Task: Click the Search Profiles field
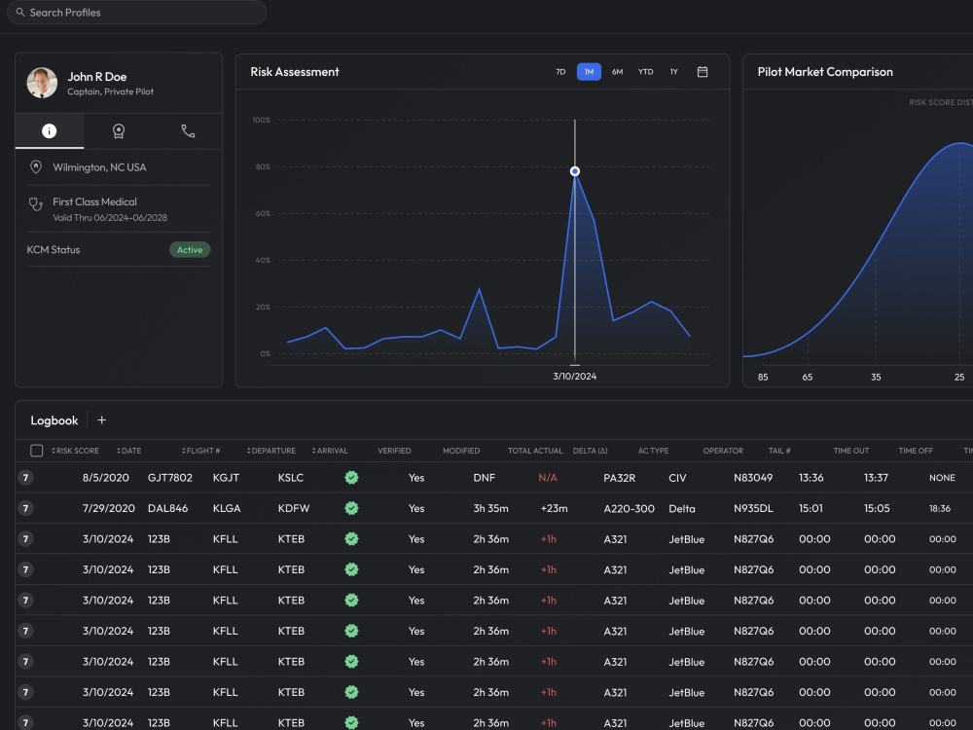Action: pyautogui.click(x=136, y=13)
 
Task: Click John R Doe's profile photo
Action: pyautogui.click(x=42, y=83)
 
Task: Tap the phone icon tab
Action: pyautogui.click(x=188, y=131)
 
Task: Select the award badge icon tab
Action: pyautogui.click(x=119, y=131)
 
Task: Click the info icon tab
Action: pyautogui.click(x=49, y=131)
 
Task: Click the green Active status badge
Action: pyautogui.click(x=190, y=249)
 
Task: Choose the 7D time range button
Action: pyautogui.click(x=561, y=72)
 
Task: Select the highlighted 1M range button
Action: pyautogui.click(x=589, y=72)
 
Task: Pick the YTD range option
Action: pyautogui.click(x=645, y=72)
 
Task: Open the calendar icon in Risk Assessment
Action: pyautogui.click(x=703, y=72)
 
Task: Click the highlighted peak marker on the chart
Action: pyautogui.click(x=575, y=171)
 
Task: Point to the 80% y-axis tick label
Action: pyautogui.click(x=263, y=167)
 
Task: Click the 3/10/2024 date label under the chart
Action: pyautogui.click(x=575, y=376)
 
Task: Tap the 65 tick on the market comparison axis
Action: pyautogui.click(x=808, y=377)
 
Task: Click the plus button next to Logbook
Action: pyautogui.click(x=102, y=420)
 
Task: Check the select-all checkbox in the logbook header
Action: pyautogui.click(x=37, y=451)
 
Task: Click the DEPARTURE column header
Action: pyautogui.click(x=271, y=451)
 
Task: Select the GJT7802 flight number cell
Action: pyautogui.click(x=170, y=478)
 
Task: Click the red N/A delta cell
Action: pyautogui.click(x=548, y=478)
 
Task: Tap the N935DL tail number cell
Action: pyautogui.click(x=753, y=508)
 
